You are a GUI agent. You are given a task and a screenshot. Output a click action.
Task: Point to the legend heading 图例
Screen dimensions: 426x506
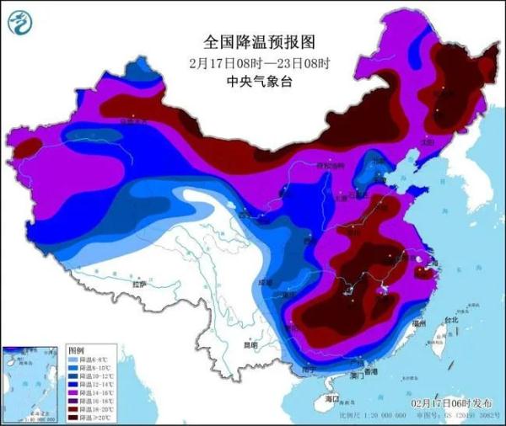click(x=75, y=349)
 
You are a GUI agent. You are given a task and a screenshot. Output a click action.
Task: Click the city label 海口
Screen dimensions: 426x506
click(x=331, y=398)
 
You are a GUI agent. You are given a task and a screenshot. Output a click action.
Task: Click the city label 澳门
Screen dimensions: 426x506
click(x=349, y=374)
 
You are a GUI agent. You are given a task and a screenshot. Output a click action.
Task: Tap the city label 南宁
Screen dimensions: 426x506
click(x=309, y=369)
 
